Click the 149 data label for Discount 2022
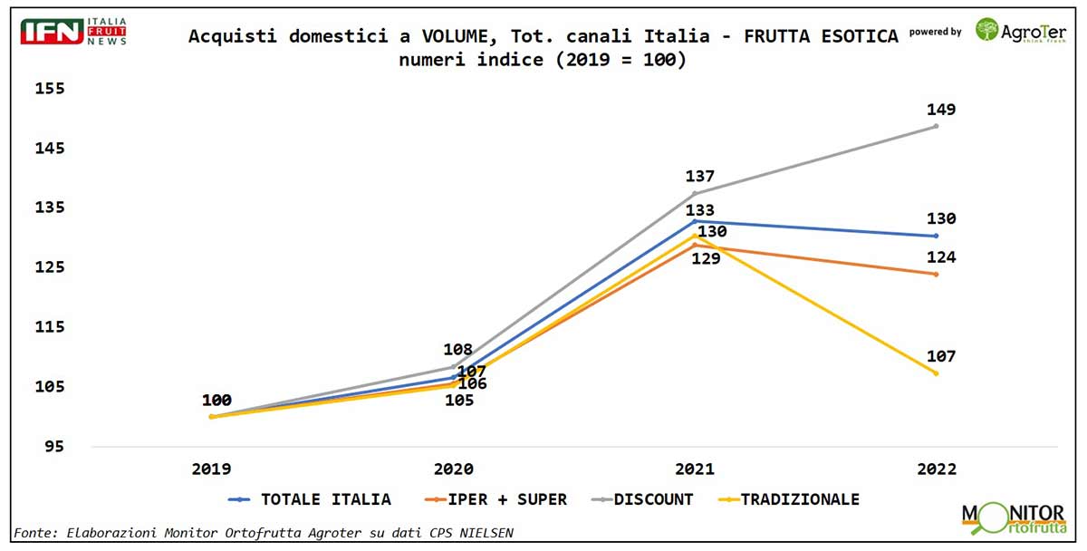point(941,110)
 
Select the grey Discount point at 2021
point(695,193)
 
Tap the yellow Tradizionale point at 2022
point(936,373)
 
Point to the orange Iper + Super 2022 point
point(936,274)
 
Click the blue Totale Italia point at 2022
point(936,236)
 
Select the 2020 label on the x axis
point(453,469)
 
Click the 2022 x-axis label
point(936,469)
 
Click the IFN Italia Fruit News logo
point(73,31)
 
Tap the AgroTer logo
point(1020,31)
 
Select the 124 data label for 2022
point(941,257)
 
